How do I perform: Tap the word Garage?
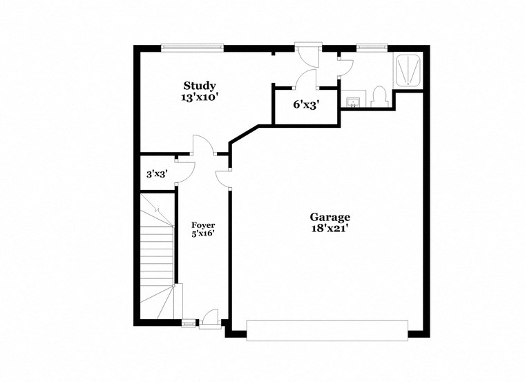(x=330, y=217)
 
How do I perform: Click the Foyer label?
(x=203, y=225)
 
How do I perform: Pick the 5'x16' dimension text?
(x=203, y=235)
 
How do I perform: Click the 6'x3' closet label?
(x=306, y=105)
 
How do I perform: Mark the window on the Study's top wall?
(x=193, y=48)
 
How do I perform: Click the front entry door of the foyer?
(x=211, y=316)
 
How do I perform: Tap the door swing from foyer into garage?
(x=222, y=178)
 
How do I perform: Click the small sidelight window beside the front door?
(x=188, y=322)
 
